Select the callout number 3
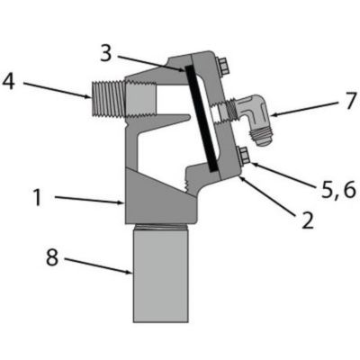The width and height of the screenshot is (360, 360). point(106,53)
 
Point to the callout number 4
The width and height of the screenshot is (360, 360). point(10,82)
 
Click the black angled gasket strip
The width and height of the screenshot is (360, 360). point(199,117)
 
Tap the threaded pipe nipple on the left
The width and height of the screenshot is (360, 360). point(107,96)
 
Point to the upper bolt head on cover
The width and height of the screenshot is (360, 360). point(221,64)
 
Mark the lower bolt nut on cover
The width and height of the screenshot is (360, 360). point(243,158)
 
